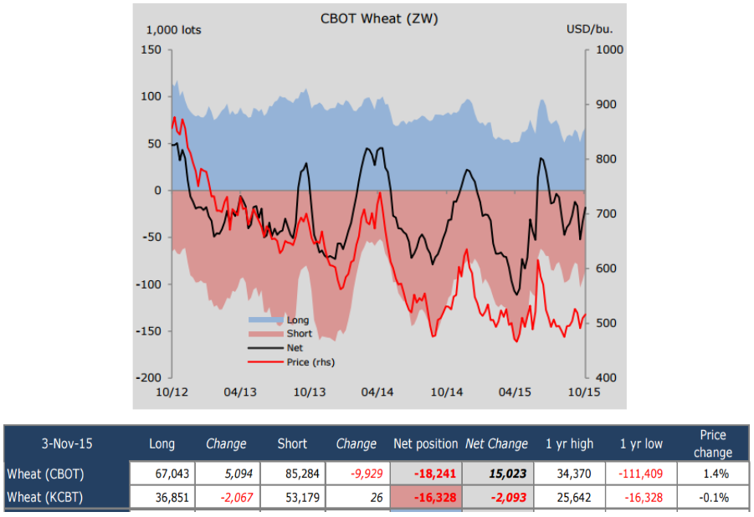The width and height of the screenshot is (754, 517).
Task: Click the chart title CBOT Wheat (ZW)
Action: [x=379, y=18]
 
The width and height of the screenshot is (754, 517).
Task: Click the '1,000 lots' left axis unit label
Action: [x=173, y=30]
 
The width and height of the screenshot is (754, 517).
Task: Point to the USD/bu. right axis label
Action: [x=589, y=30]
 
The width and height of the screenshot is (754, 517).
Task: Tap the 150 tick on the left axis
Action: [x=151, y=49]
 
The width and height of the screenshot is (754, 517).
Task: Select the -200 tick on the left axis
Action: [x=148, y=378]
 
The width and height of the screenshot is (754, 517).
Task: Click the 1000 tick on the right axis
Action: [x=608, y=49]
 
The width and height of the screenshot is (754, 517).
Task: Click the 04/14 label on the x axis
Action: [x=377, y=392]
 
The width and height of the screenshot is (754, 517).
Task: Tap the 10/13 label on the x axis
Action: [x=309, y=392]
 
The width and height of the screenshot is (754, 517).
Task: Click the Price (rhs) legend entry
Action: [x=310, y=362]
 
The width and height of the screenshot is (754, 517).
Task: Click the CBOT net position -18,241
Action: [x=433, y=473]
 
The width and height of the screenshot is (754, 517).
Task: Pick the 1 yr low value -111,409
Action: [x=640, y=473]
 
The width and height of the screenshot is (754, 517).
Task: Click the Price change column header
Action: [x=713, y=443]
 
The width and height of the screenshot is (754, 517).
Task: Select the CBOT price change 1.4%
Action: [x=713, y=473]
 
